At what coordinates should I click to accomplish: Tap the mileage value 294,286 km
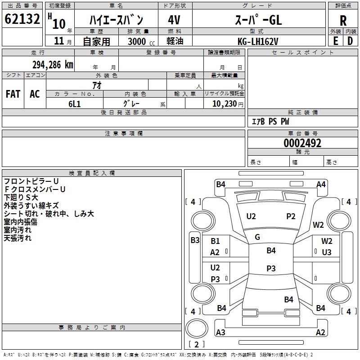[x=52, y=64]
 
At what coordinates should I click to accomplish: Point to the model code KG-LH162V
[x=258, y=41]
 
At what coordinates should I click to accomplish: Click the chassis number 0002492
[x=302, y=144]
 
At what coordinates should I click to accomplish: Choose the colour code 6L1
[x=74, y=103]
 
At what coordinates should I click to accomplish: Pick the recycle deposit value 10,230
[x=221, y=103]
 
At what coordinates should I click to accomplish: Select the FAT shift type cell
[x=13, y=94]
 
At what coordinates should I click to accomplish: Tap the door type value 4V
[x=174, y=20]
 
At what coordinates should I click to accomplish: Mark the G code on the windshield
[x=257, y=237]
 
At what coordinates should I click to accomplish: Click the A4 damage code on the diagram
[x=321, y=184]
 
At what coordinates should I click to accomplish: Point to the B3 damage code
[x=195, y=240]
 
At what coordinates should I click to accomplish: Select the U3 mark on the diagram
[x=327, y=252]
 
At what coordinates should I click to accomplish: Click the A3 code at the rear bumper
[x=221, y=333]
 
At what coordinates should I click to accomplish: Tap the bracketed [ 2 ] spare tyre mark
[x=196, y=344]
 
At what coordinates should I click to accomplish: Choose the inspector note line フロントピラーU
[x=31, y=181]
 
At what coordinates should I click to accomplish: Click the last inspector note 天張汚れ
[x=18, y=238]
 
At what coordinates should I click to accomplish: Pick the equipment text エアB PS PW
[x=270, y=121]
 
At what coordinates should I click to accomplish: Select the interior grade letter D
[x=350, y=41]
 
